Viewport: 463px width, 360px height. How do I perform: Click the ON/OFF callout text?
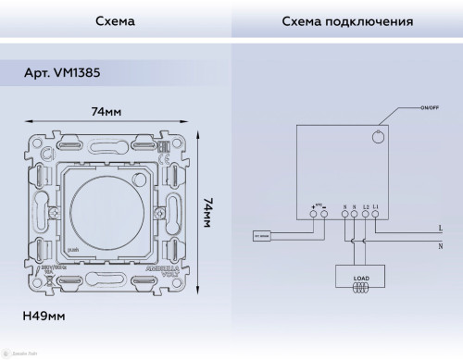[x=429, y=108]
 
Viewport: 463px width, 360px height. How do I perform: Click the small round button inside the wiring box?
[x=376, y=138]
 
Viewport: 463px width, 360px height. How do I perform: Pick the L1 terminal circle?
[x=377, y=215]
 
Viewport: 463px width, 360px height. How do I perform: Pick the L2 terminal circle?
[x=367, y=215]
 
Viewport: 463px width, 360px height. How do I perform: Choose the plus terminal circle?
[x=313, y=215]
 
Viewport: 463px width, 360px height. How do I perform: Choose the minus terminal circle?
[x=324, y=215]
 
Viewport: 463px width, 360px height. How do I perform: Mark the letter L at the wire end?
[x=439, y=228]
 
